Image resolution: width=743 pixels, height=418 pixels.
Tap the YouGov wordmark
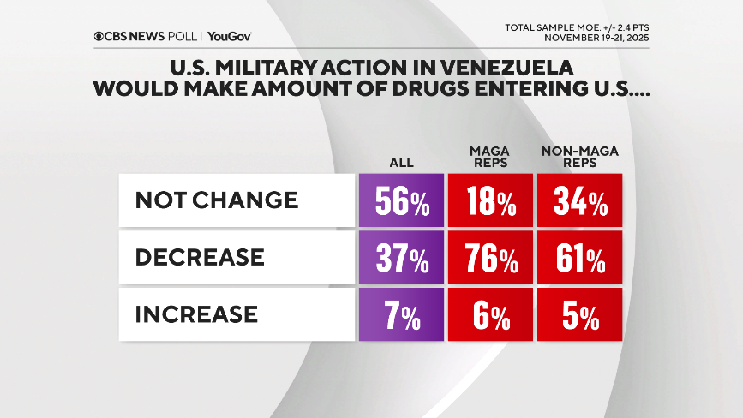(x=229, y=37)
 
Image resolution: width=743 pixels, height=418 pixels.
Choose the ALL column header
(x=400, y=162)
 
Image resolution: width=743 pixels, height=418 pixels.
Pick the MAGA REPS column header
(x=488, y=157)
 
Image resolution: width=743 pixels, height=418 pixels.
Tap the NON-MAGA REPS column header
(x=579, y=157)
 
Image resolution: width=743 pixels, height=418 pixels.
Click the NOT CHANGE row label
(x=217, y=200)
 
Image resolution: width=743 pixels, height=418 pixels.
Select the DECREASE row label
(x=200, y=257)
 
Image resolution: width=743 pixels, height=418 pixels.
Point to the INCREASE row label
(x=196, y=313)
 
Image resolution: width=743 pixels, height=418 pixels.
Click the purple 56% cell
(x=401, y=201)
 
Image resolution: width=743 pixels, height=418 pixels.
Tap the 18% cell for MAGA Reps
(x=489, y=201)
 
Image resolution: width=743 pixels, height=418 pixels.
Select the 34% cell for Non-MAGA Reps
(x=579, y=201)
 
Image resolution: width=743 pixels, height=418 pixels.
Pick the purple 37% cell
(x=401, y=258)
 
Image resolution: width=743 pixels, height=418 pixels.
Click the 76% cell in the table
(x=489, y=258)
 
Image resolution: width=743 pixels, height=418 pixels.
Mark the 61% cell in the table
(x=579, y=258)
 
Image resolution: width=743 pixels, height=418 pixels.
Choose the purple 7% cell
(x=401, y=314)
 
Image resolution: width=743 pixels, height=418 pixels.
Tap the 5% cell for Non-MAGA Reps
(x=579, y=314)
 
